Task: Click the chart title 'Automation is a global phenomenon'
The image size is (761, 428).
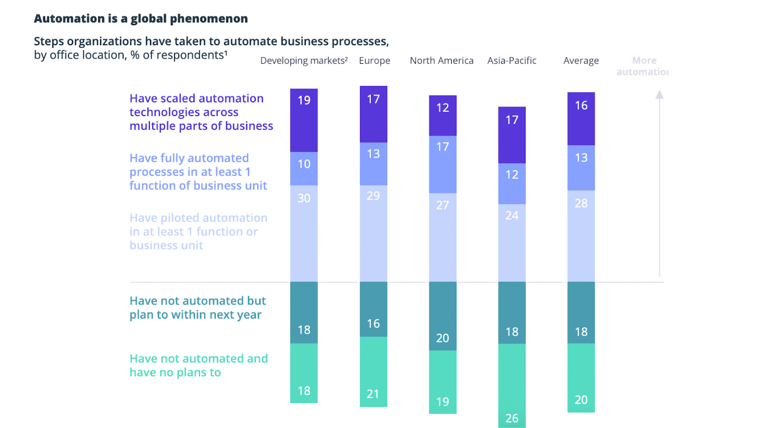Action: click(141, 19)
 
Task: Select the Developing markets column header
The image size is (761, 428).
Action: click(303, 61)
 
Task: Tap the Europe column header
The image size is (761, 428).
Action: click(374, 61)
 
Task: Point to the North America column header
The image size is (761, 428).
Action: click(441, 61)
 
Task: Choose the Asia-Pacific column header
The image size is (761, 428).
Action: click(512, 61)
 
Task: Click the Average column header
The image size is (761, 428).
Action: click(581, 61)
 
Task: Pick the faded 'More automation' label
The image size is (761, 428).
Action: click(644, 66)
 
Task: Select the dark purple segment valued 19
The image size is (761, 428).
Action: click(304, 120)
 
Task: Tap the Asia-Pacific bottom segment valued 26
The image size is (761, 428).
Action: click(512, 386)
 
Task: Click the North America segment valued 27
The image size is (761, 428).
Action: click(442, 237)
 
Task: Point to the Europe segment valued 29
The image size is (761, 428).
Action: click(373, 233)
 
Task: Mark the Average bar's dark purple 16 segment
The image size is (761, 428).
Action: click(581, 119)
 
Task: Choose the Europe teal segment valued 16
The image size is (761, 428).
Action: click(373, 309)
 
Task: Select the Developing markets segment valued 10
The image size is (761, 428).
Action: click(304, 169)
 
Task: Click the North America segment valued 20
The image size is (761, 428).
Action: click(442, 316)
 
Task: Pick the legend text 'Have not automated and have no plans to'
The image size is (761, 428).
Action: click(198, 365)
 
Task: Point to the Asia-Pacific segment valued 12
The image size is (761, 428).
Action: click(512, 184)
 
